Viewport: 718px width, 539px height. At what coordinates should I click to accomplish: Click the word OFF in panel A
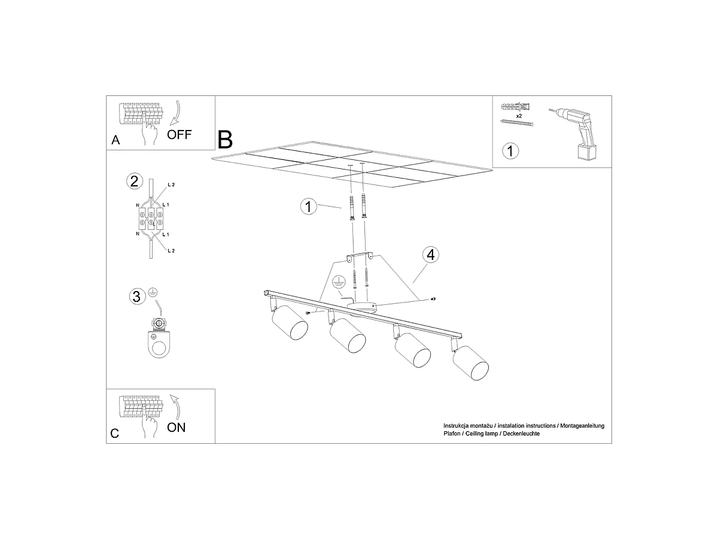click(180, 135)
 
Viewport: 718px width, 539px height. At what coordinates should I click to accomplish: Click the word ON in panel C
click(176, 428)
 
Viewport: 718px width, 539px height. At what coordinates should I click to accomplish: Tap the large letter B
click(225, 140)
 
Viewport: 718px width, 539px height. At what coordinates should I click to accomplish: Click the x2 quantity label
click(519, 116)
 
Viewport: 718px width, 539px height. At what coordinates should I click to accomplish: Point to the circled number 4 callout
click(430, 255)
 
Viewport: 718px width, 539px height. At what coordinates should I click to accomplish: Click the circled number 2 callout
click(135, 181)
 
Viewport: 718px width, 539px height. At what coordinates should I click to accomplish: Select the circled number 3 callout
click(138, 296)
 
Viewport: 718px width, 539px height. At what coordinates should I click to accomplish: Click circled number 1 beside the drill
click(510, 151)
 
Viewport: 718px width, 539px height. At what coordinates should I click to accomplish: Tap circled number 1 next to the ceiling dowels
click(309, 207)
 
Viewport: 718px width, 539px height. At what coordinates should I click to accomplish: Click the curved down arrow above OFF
click(176, 113)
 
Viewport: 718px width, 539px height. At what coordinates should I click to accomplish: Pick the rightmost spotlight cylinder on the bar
click(470, 362)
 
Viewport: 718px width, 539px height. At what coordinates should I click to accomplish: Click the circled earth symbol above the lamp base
click(339, 281)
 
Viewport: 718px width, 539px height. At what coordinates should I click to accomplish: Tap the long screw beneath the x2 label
click(517, 123)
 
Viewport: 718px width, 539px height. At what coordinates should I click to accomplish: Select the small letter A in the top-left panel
click(115, 140)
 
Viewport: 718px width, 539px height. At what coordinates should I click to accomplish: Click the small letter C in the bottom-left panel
click(114, 434)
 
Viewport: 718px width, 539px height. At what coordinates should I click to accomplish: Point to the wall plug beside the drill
click(515, 107)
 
